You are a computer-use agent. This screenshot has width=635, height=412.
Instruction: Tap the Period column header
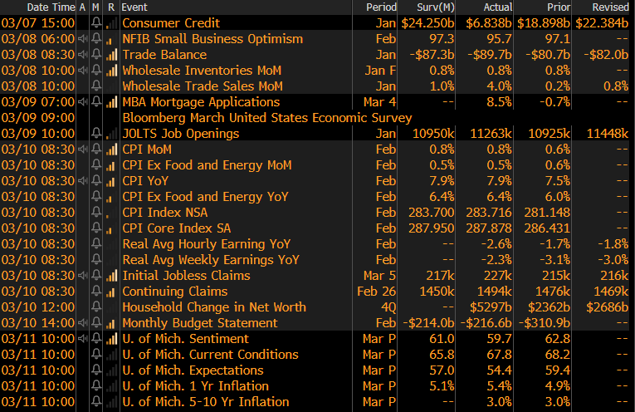(x=381, y=7)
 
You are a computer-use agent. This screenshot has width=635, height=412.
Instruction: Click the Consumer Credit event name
(x=171, y=22)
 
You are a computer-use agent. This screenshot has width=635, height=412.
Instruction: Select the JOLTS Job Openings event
(x=180, y=133)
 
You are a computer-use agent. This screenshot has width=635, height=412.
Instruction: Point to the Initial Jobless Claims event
(x=186, y=275)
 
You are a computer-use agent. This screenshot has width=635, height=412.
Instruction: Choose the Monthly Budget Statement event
(x=200, y=322)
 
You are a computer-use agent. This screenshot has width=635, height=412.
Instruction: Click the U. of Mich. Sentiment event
(x=185, y=338)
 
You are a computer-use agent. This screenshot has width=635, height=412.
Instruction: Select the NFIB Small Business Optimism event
(x=212, y=38)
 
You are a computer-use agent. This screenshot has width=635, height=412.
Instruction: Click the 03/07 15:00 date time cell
(x=37, y=22)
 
